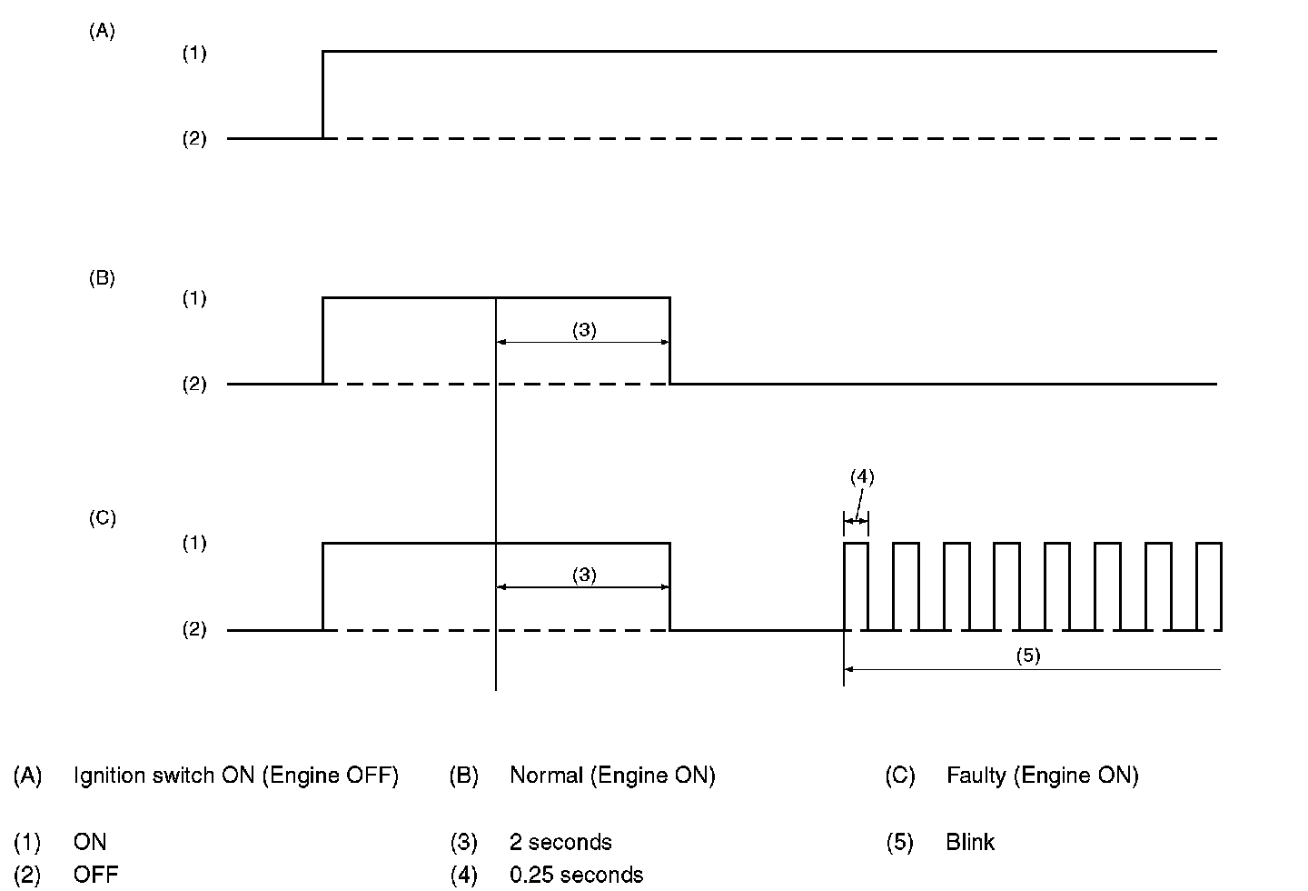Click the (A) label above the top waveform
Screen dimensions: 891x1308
pyautogui.click(x=102, y=31)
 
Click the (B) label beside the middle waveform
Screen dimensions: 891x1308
pyautogui.click(x=102, y=278)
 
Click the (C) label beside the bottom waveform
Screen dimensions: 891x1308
pyautogui.click(x=102, y=518)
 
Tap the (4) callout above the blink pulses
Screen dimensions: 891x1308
pyautogui.click(x=862, y=476)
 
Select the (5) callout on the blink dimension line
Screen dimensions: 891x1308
pyautogui.click(x=1027, y=656)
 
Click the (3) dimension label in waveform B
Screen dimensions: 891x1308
pyautogui.click(x=584, y=330)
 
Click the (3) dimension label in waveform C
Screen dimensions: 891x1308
pyautogui.click(x=584, y=575)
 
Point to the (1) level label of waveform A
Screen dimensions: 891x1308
pyautogui.click(x=194, y=54)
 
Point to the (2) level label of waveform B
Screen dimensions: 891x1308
pyautogui.click(x=194, y=385)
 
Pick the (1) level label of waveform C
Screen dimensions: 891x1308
pyautogui.click(x=194, y=544)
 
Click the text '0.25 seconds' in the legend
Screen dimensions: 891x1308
pyautogui.click(x=576, y=875)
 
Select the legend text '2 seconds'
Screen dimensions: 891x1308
pyautogui.click(x=560, y=842)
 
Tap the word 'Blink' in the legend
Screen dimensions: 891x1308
pyautogui.click(x=969, y=842)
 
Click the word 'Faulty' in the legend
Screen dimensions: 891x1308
pyautogui.click(x=976, y=776)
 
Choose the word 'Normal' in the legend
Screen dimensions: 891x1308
pyautogui.click(x=546, y=776)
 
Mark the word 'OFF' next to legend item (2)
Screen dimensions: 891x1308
pyautogui.click(x=95, y=875)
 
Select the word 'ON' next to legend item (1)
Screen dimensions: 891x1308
pyautogui.click(x=90, y=842)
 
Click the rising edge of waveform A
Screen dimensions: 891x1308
pyautogui.click(x=323, y=95)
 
